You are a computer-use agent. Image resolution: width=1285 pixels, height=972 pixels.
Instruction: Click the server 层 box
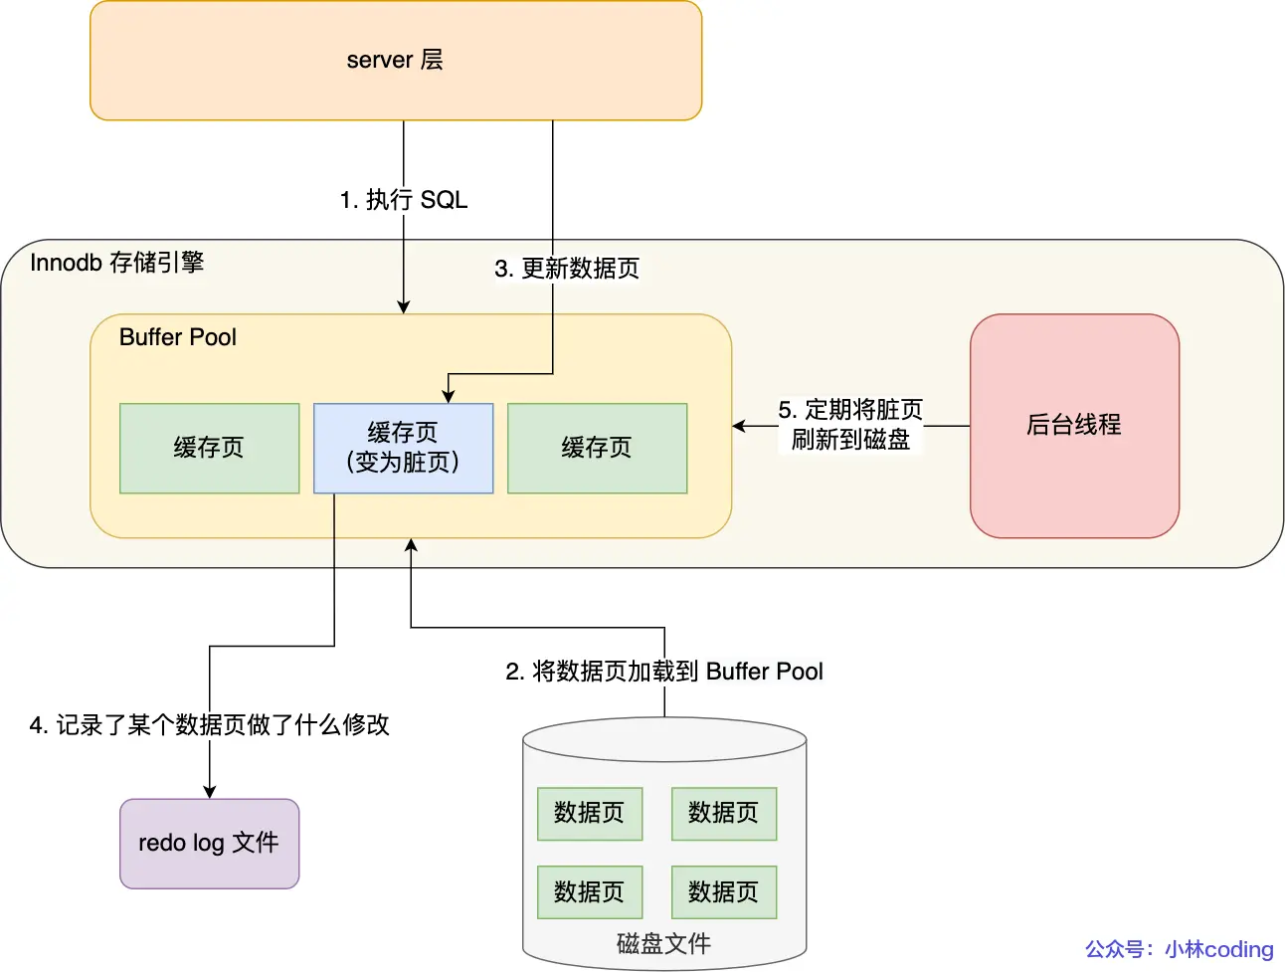point(396,61)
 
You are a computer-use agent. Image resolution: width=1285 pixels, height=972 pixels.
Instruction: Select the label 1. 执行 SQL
point(403,200)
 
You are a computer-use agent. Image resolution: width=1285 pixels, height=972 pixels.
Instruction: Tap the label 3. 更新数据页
point(567,269)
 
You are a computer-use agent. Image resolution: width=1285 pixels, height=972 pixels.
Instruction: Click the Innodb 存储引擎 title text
point(116,263)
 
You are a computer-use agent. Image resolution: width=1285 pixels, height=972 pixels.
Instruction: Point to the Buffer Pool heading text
point(177,337)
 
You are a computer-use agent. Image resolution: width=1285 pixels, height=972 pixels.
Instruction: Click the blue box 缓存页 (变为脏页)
point(403,448)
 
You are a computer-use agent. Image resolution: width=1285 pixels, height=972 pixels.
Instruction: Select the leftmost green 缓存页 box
point(209,448)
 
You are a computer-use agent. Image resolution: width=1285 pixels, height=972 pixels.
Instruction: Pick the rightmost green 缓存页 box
point(597,448)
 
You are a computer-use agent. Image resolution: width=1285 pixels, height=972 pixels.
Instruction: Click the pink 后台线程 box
point(1074,426)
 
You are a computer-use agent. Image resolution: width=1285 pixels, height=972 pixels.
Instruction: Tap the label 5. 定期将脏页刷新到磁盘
point(850,425)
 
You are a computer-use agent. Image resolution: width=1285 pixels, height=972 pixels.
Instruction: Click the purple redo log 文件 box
point(209,844)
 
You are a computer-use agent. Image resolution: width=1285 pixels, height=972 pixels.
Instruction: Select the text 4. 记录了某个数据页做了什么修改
point(209,725)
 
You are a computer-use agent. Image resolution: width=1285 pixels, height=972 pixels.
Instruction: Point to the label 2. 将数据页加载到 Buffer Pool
point(664,672)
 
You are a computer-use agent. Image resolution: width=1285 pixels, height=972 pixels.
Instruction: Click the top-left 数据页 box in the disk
point(590,813)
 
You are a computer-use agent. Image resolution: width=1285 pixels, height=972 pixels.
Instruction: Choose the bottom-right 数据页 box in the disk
point(724,891)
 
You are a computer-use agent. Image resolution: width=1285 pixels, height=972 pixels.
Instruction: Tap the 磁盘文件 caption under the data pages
point(663,943)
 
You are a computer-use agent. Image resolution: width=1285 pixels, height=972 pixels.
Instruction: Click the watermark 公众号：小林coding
point(1179,949)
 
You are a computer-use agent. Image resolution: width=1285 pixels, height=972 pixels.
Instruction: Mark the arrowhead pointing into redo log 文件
point(209,792)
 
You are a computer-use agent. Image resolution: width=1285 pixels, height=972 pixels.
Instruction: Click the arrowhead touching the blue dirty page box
point(449,396)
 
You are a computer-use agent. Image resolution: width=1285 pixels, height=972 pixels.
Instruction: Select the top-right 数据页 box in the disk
point(724,813)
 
